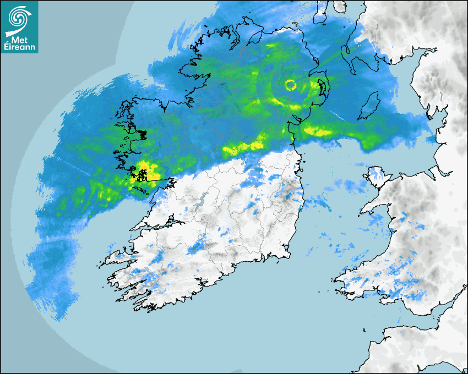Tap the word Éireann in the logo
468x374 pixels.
[x=19, y=46]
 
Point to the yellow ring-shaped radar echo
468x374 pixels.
[x=290, y=85]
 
